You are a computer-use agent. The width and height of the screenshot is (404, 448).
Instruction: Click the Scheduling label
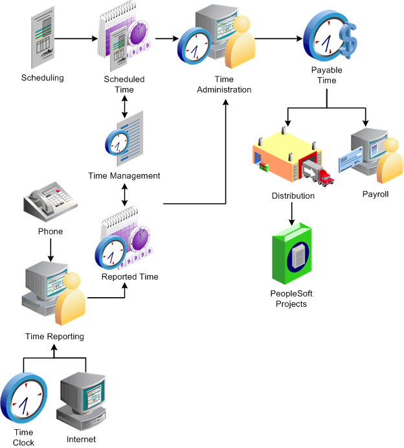click(x=43, y=78)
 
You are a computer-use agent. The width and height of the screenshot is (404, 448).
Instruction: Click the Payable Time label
click(x=327, y=75)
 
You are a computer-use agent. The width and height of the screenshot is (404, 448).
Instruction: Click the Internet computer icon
click(x=82, y=401)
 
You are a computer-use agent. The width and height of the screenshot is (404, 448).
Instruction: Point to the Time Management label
click(x=124, y=175)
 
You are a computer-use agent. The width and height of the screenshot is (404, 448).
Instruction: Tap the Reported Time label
click(x=129, y=277)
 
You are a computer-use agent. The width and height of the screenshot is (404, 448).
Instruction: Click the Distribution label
click(x=293, y=196)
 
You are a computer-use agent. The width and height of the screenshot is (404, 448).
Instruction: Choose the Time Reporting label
click(x=54, y=336)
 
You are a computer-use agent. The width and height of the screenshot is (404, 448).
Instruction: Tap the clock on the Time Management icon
click(x=119, y=142)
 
